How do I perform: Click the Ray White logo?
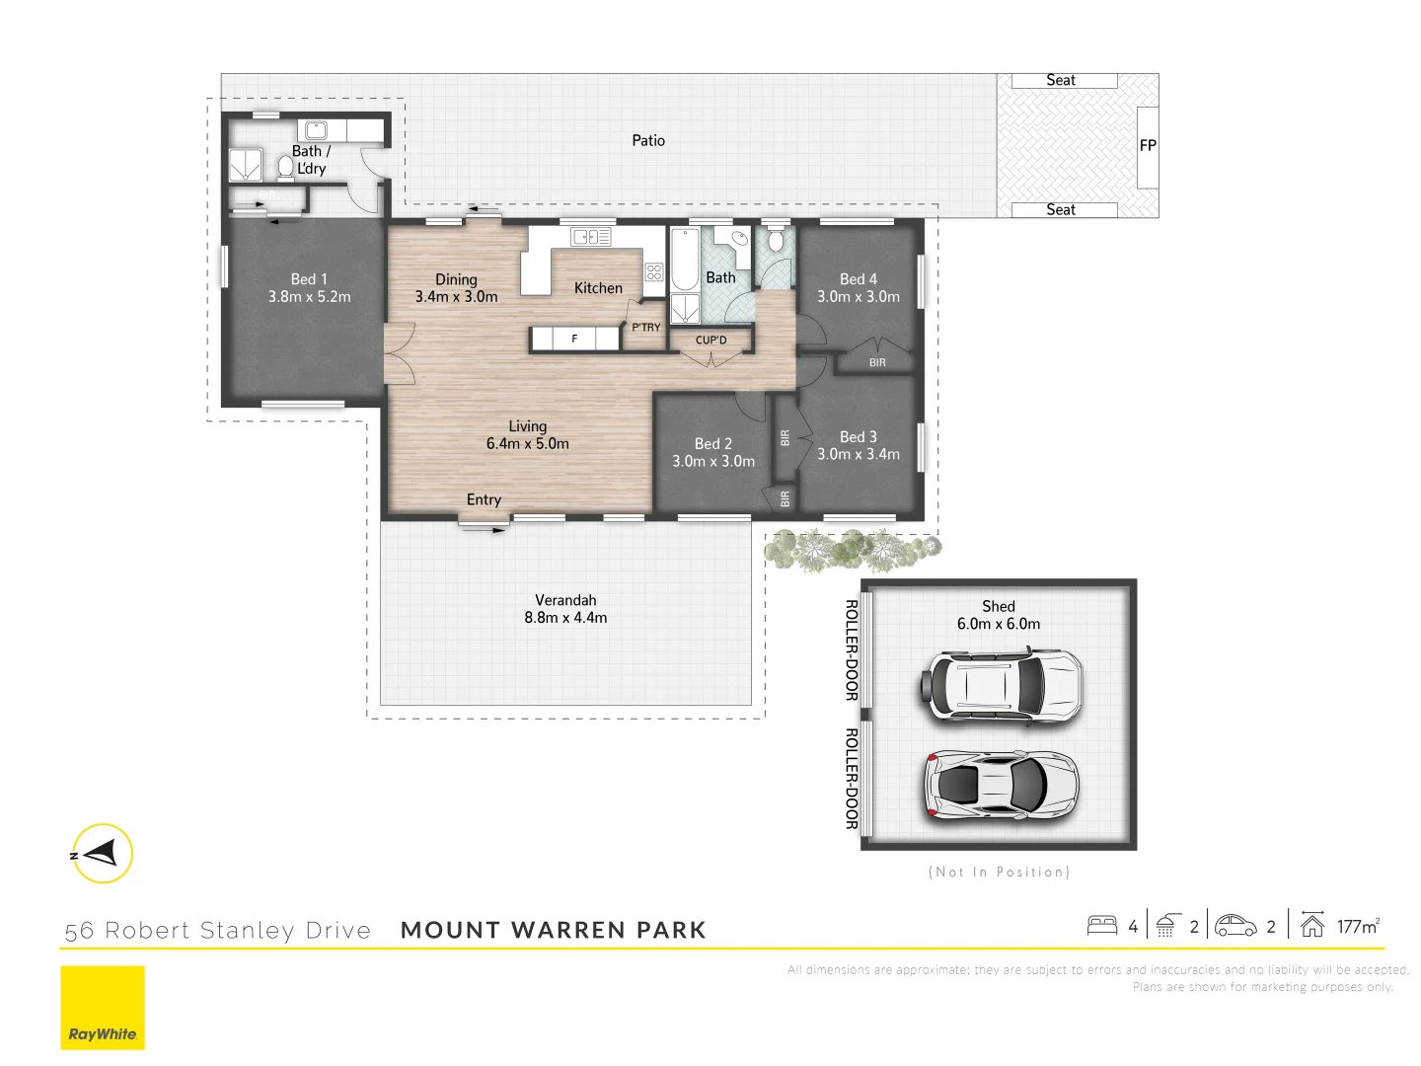pyautogui.click(x=103, y=1008)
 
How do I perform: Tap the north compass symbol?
pyautogui.click(x=102, y=853)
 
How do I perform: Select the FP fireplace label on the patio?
pyautogui.click(x=1148, y=145)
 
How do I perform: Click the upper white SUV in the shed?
pyautogui.click(x=1003, y=685)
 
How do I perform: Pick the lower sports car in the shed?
pyautogui.click(x=1001, y=786)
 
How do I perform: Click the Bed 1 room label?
pyautogui.click(x=309, y=279)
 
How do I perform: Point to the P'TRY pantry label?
pyautogui.click(x=646, y=327)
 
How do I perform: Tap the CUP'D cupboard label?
pyautogui.click(x=710, y=340)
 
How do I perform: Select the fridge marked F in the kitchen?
pyautogui.click(x=574, y=339)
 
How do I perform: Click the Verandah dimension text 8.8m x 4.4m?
pyautogui.click(x=565, y=618)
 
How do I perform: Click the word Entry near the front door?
pyautogui.click(x=484, y=499)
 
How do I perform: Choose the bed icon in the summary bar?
pyautogui.click(x=1101, y=926)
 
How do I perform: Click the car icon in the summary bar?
pyautogui.click(x=1235, y=926)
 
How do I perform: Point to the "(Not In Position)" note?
pyautogui.click(x=999, y=872)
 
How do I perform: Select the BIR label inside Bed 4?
pyautogui.click(x=877, y=362)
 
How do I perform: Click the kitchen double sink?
pyautogui.click(x=591, y=237)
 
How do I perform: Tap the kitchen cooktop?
pyautogui.click(x=654, y=271)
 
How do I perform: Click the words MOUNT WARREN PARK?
pyautogui.click(x=553, y=930)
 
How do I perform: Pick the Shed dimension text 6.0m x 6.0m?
pyautogui.click(x=998, y=624)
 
